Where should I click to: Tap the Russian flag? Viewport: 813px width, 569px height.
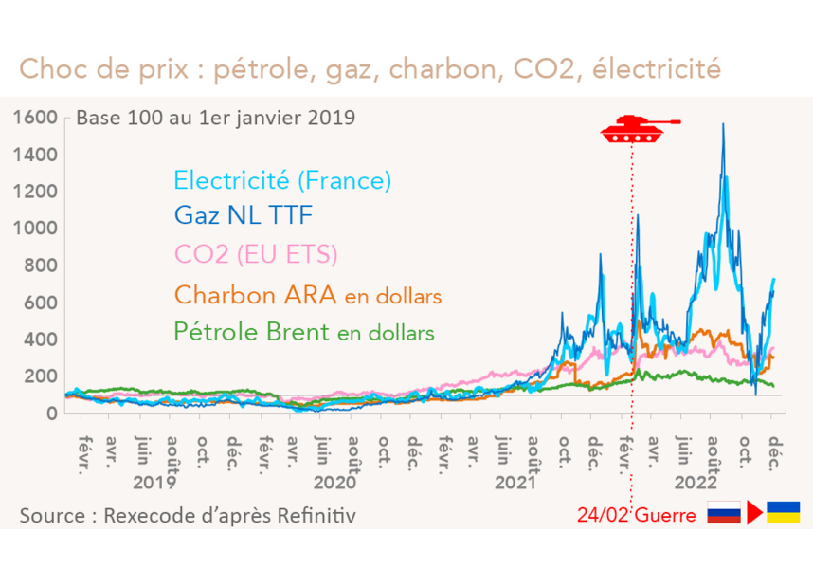tap(725, 513)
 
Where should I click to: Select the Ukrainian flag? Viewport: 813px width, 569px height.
tap(783, 513)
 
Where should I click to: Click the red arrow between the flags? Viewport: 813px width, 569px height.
tap(754, 513)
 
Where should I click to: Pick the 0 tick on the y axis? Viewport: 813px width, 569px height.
tap(52, 413)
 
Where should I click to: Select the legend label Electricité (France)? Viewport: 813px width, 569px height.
tap(282, 179)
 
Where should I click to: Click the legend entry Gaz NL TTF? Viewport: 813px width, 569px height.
tap(242, 217)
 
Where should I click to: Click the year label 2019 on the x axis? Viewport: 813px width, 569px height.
tap(154, 482)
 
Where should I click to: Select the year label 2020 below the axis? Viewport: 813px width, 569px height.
tap(334, 482)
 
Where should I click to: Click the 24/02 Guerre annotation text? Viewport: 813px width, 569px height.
tap(638, 515)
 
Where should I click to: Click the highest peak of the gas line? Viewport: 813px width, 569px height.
tap(724, 124)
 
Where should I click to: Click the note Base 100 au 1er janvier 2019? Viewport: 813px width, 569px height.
tap(215, 119)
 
